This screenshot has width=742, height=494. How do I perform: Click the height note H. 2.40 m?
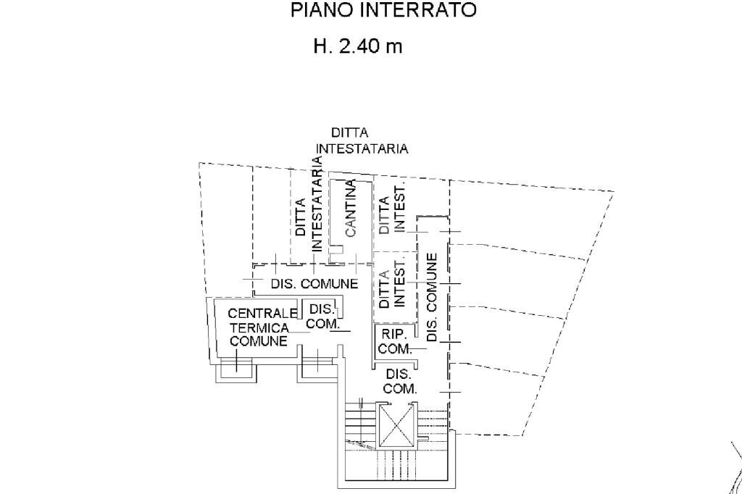click(x=357, y=47)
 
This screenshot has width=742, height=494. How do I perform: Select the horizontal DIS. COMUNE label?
click(x=314, y=284)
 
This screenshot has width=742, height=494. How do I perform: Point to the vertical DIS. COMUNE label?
click(x=433, y=297)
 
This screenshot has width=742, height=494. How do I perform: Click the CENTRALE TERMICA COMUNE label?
click(x=259, y=327)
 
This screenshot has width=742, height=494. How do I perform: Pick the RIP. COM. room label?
click(x=394, y=341)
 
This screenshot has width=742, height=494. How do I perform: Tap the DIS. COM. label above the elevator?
click(x=399, y=382)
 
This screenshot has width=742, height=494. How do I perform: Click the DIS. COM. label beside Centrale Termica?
click(x=321, y=317)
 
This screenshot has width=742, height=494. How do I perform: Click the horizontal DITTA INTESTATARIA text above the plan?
click(x=361, y=141)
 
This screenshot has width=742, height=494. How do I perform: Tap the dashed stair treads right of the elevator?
click(x=433, y=424)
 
